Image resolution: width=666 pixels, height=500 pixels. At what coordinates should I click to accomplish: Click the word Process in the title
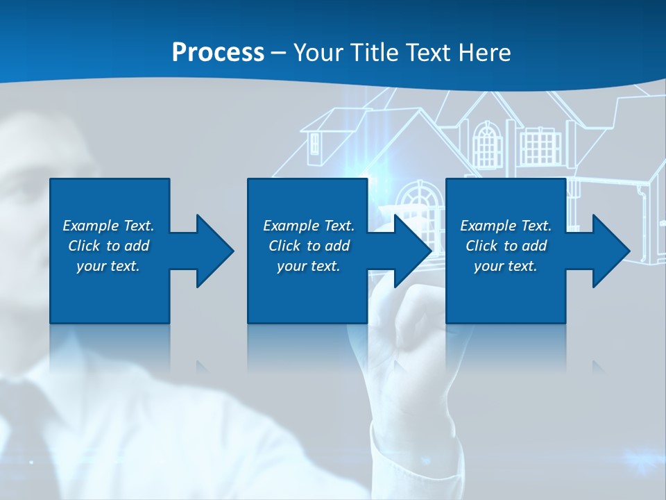[x=218, y=53]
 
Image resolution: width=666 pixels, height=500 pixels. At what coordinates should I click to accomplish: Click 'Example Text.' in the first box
[x=108, y=226]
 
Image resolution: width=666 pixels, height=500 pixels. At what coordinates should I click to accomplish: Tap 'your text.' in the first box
[x=108, y=266]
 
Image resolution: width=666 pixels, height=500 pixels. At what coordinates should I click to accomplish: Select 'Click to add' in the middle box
[x=309, y=246]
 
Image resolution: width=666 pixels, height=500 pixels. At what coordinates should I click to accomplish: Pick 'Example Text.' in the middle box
[x=309, y=226]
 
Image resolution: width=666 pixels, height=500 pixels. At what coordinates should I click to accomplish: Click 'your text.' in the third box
[x=506, y=266]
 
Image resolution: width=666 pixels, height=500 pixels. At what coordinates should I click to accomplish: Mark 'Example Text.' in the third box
[x=506, y=226]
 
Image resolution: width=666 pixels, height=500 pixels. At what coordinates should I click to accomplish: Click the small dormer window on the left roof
[x=315, y=143]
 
